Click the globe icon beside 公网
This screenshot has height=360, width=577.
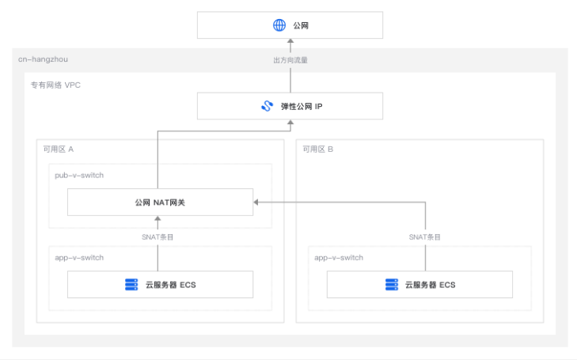click(279, 25)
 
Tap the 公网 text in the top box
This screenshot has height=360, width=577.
click(301, 25)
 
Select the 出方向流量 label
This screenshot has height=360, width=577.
click(290, 59)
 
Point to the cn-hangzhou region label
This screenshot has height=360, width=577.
click(41, 60)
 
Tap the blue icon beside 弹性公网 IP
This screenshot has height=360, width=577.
click(267, 106)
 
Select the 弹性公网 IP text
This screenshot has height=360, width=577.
click(302, 106)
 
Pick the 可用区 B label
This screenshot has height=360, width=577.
click(318, 149)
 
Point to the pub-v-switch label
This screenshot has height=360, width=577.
click(79, 175)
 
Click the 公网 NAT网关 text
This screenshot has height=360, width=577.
click(160, 203)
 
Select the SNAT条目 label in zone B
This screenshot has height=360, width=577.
click(425, 237)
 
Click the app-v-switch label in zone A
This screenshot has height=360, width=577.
click(79, 257)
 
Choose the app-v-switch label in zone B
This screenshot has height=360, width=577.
click(339, 257)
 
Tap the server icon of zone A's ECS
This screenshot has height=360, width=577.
click(131, 284)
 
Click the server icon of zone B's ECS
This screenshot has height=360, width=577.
click(391, 284)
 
